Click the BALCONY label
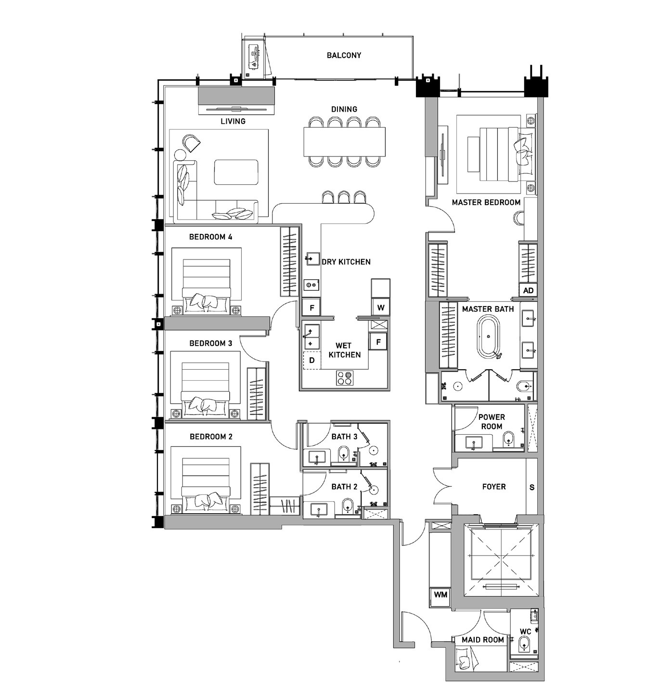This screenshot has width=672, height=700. pyautogui.click(x=344, y=55)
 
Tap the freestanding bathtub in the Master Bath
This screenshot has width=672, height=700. pyautogui.click(x=488, y=337)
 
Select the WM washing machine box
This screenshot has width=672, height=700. pyautogui.click(x=440, y=595)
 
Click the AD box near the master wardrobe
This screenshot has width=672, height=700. pyautogui.click(x=528, y=290)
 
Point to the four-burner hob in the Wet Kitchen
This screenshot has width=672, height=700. pyautogui.click(x=345, y=378)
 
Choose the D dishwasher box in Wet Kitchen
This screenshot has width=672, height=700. pyautogui.click(x=311, y=360)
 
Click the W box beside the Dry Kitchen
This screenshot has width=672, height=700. pyautogui.click(x=381, y=307)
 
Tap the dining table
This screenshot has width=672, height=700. pyautogui.click(x=344, y=141)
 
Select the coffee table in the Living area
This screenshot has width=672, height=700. pyautogui.click(x=236, y=172)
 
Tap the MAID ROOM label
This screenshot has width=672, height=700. pyautogui.click(x=483, y=640)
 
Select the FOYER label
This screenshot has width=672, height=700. pyautogui.click(x=493, y=487)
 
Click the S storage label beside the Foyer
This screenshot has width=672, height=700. pyautogui.click(x=532, y=487)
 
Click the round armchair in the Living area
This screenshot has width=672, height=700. pyautogui.click(x=191, y=143)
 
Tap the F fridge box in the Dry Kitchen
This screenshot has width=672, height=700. pyautogui.click(x=311, y=308)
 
